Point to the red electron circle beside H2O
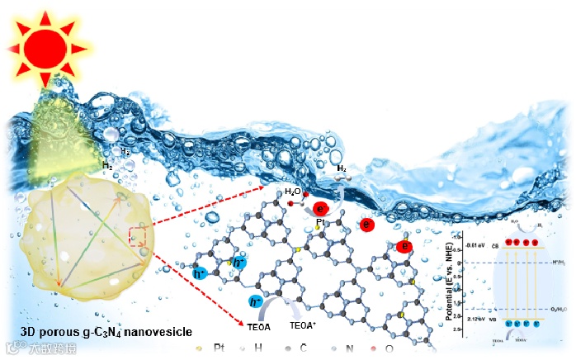pyautogui.click(x=321, y=209)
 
